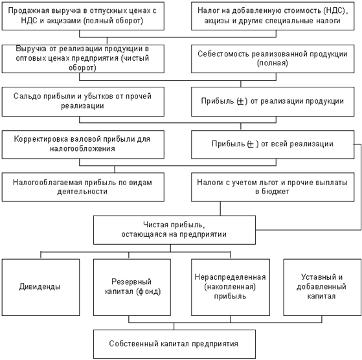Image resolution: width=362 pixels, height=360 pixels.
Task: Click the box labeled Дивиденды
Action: (x=41, y=287)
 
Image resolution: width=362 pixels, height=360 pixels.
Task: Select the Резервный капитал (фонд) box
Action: (x=132, y=287)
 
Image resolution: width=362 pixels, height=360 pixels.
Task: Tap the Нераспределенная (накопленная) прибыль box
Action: (x=231, y=287)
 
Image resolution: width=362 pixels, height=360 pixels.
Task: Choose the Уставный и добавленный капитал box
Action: (x=322, y=287)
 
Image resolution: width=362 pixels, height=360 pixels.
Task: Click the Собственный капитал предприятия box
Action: (x=174, y=344)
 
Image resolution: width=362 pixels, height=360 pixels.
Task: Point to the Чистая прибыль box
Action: (x=174, y=230)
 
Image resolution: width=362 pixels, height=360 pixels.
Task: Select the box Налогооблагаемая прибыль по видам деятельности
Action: (x=83, y=187)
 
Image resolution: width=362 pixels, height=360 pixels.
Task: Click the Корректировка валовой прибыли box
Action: (x=83, y=144)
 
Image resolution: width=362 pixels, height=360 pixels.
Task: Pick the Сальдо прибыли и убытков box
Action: (x=83, y=102)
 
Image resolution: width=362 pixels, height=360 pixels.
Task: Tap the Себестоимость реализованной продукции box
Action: (x=273, y=59)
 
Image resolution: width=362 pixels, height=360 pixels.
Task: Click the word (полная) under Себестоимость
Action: (x=273, y=63)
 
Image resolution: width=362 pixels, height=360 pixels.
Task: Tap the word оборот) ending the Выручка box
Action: (x=82, y=68)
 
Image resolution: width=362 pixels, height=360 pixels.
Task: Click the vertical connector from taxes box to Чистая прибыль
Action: (x=220, y=208)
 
